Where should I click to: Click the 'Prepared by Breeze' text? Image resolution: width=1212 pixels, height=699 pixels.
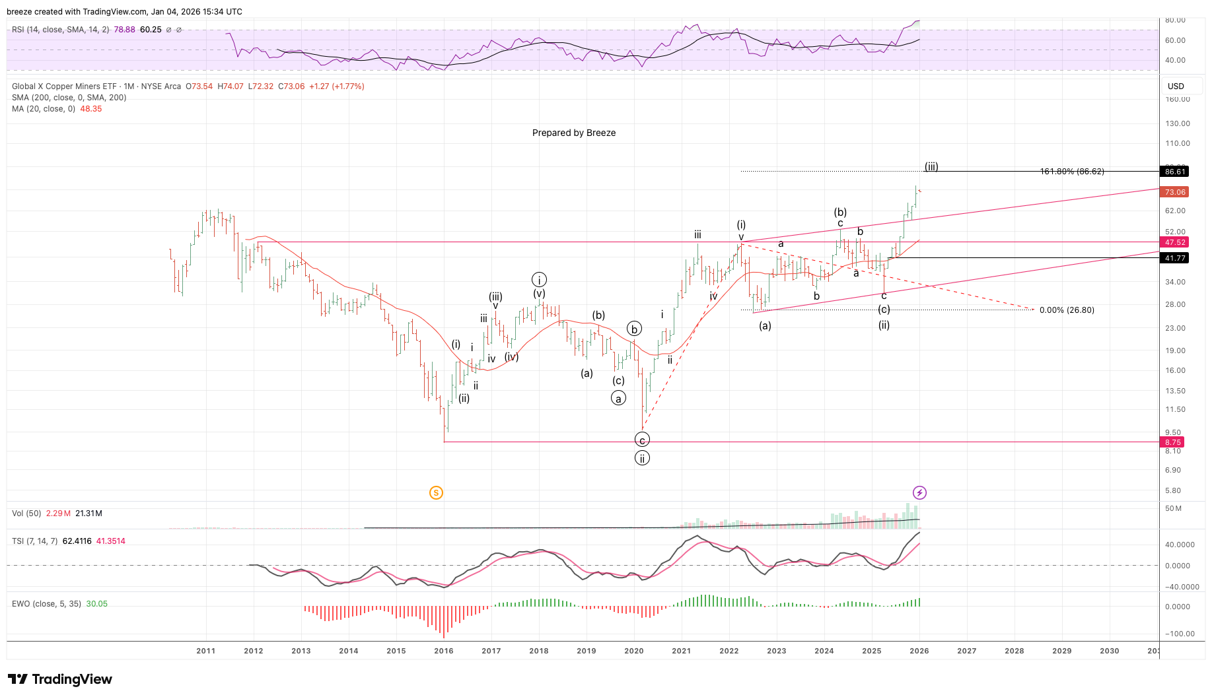[573, 133]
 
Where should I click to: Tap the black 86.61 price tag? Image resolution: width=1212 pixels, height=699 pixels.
[1175, 172]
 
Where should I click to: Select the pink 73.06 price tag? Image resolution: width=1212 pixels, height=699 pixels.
[1175, 192]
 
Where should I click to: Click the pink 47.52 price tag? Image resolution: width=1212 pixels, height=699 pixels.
[1175, 242]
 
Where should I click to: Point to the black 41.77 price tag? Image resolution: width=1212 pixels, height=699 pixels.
[1175, 258]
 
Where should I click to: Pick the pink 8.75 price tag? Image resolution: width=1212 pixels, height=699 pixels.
[1173, 442]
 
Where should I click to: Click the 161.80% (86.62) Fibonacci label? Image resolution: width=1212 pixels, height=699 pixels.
[1071, 172]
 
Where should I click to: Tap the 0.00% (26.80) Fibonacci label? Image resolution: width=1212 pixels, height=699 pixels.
[1066, 310]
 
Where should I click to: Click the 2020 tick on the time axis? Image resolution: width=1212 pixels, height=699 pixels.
[633, 651]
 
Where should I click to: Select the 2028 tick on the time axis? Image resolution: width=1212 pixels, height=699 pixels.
[1014, 651]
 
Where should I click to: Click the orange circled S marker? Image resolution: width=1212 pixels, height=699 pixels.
[436, 492]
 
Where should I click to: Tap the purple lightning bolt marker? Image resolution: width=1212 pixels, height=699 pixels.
[919, 492]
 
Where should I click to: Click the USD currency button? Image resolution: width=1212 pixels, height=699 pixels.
[1176, 86]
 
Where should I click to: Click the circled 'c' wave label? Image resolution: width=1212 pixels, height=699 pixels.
[642, 440]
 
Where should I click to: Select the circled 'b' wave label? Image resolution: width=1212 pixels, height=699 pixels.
[634, 329]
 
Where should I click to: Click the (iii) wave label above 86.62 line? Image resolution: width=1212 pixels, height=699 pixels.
[931, 166]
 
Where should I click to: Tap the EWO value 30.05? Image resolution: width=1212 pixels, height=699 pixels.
[96, 604]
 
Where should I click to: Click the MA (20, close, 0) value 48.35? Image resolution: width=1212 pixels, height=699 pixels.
[91, 109]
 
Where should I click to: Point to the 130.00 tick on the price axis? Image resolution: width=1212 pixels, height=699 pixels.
[1177, 123]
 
